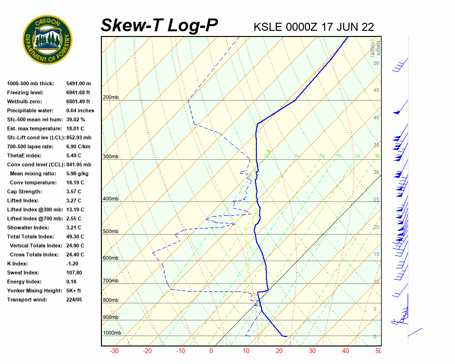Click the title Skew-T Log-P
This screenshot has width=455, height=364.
tap(159, 25)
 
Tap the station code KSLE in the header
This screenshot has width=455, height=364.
tap(268, 27)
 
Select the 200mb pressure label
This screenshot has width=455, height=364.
tap(110, 98)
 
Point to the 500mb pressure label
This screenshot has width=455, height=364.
tap(110, 232)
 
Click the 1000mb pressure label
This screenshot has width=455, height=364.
tap(112, 333)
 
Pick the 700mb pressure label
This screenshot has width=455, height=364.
tap(110, 281)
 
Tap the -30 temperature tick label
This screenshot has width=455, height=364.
tap(114, 351)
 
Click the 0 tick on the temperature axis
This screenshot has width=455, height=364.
tap(211, 351)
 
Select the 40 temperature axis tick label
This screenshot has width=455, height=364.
tap(346, 351)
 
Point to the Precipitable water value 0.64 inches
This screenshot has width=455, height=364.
tap(80, 110)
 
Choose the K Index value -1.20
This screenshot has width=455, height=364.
tap(73, 264)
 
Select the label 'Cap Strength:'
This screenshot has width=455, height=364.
tap(24, 191)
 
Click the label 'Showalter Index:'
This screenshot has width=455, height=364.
tap(27, 227)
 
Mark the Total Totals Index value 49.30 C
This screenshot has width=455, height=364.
tap(75, 237)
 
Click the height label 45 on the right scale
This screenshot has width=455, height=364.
tap(376, 91)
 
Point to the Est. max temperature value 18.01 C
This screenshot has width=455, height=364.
tap(75, 128)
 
